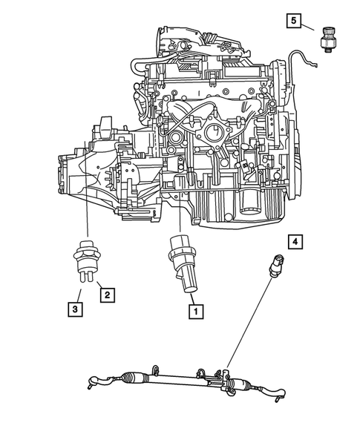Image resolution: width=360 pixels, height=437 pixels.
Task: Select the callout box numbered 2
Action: (x=107, y=295)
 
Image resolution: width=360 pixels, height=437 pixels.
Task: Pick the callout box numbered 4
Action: (x=295, y=241)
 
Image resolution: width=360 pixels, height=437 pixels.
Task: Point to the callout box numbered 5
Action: (x=295, y=22)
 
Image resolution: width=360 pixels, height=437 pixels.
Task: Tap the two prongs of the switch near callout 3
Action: (x=87, y=276)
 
